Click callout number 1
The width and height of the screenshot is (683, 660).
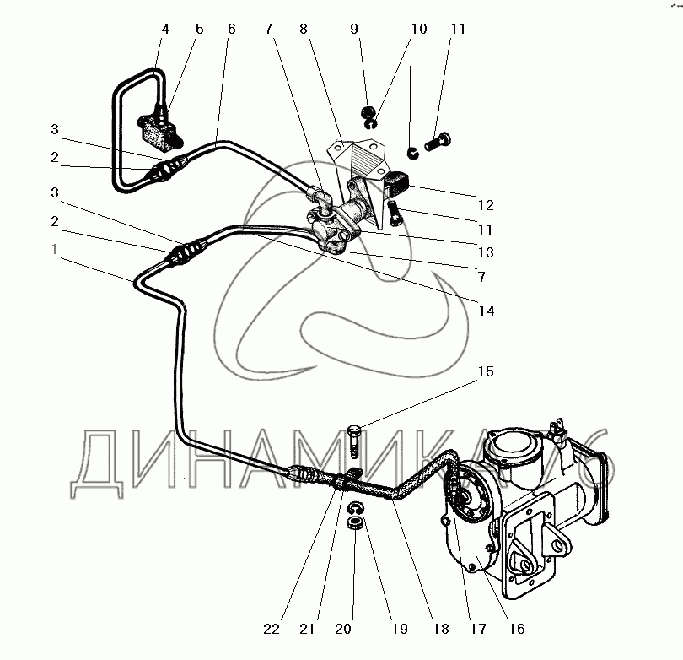point(55,249)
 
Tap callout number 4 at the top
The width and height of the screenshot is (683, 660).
point(165,29)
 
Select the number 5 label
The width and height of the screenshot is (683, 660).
point(200,29)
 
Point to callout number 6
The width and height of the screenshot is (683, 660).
point(230,29)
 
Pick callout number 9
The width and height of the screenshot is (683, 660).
point(355,29)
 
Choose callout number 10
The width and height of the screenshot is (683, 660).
point(414,29)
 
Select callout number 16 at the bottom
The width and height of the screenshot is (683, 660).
point(516,629)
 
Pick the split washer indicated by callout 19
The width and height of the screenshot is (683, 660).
point(356,507)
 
